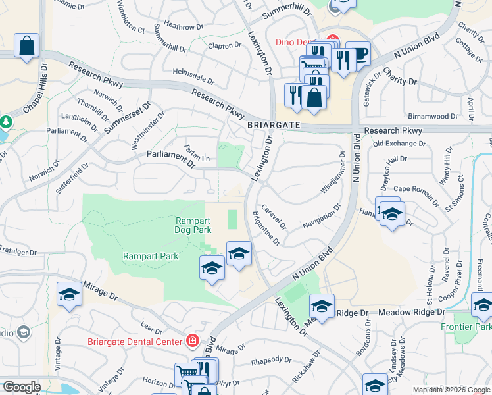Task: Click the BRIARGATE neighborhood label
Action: (274, 125)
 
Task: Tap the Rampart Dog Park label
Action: (193, 226)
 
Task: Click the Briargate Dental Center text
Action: (134, 342)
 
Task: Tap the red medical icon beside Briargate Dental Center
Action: (192, 341)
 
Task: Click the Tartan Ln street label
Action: (197, 153)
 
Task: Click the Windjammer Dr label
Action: (333, 173)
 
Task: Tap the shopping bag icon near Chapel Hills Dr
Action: (26, 46)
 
